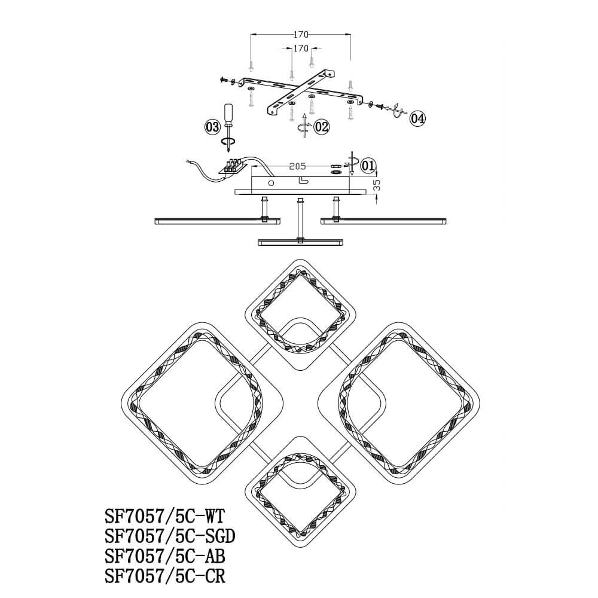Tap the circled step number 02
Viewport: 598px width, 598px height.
322,127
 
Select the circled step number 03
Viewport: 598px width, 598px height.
212,127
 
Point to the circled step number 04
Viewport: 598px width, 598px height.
417,118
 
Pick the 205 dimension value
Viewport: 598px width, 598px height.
297,166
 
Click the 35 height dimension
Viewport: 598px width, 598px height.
376,186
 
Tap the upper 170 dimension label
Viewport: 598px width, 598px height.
301,35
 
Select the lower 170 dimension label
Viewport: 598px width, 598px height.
301,48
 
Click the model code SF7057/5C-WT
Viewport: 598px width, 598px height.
165,517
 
